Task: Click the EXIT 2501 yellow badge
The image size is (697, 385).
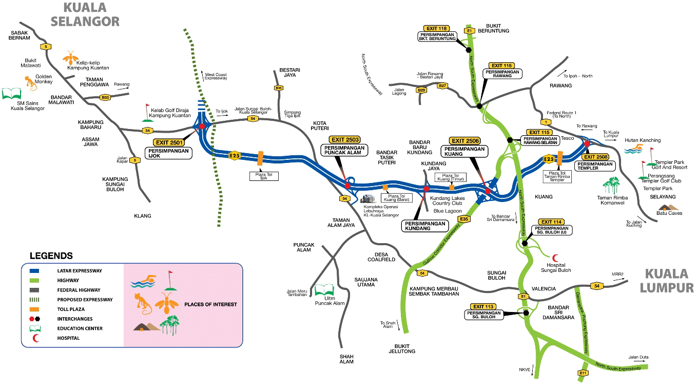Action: [x=169, y=142]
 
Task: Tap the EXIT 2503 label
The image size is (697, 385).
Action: [x=345, y=140]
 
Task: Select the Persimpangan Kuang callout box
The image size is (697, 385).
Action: [x=464, y=151]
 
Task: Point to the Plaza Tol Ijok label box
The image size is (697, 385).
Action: [x=264, y=176]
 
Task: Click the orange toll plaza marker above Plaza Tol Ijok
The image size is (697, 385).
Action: [x=260, y=158]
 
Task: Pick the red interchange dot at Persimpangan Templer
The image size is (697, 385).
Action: [x=587, y=144]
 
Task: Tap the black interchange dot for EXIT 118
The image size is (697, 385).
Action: [x=469, y=50]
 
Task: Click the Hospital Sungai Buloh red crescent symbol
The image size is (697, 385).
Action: [x=555, y=258]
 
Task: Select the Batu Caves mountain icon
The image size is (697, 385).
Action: [x=668, y=207]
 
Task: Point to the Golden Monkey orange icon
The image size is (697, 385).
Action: [x=30, y=83]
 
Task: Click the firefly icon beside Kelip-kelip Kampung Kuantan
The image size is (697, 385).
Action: [x=71, y=58]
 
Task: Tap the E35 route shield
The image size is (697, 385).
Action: [x=464, y=219]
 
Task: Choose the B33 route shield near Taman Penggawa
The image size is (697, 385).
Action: [x=105, y=97]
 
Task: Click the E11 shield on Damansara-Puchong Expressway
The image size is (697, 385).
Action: [x=583, y=373]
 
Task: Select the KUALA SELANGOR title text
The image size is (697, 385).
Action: [x=85, y=15]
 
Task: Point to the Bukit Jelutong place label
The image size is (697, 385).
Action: [x=402, y=349]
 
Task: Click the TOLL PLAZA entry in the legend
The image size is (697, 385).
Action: [x=71, y=309]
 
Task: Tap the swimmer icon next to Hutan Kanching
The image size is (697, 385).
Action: [x=633, y=149]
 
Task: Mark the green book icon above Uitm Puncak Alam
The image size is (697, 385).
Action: [x=324, y=290]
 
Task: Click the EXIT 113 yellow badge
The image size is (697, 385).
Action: [x=483, y=307]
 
